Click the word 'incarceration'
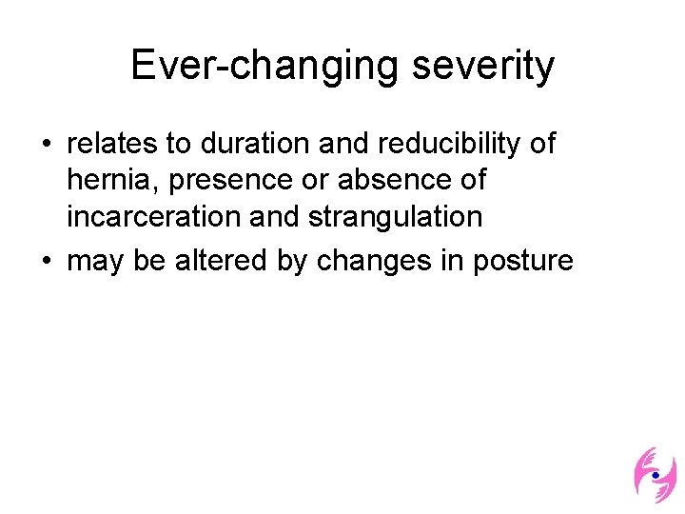(x=154, y=216)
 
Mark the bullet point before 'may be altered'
(x=47, y=260)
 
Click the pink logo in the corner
(x=655, y=474)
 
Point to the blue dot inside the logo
(x=655, y=474)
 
